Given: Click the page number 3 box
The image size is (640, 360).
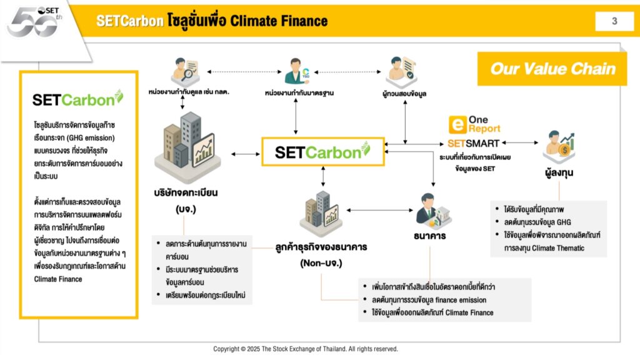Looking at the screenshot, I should tap(614, 21).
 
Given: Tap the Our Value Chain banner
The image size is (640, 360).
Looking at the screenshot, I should tap(553, 69).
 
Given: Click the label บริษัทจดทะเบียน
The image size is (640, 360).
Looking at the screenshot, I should tap(188, 191).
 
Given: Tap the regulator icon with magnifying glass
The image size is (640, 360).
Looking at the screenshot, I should tap(186, 71).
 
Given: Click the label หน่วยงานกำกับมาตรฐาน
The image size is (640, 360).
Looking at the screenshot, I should tap(299, 93).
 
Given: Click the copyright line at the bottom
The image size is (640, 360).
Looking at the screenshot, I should tap(306, 349).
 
